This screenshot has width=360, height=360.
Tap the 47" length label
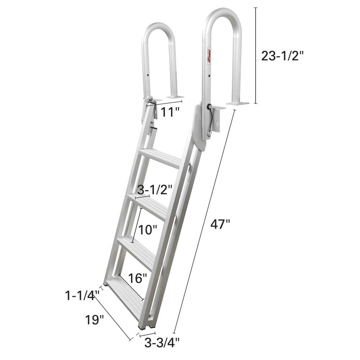[220, 224]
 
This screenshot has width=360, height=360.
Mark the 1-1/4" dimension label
[81, 296]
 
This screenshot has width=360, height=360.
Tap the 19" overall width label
[95, 319]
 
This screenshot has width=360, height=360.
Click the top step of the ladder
[160, 157]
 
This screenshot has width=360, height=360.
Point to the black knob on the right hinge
[209, 107]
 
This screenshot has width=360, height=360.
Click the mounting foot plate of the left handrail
[175, 97]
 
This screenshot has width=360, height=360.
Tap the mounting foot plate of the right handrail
[237, 104]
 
